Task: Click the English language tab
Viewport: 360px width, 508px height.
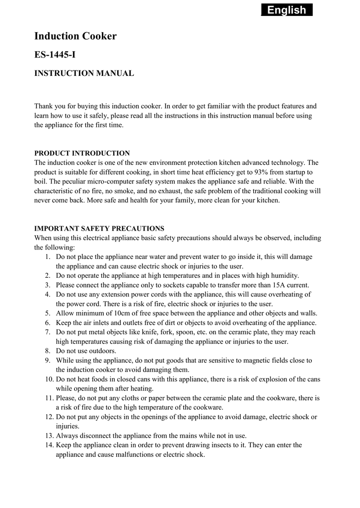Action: (x=287, y=10)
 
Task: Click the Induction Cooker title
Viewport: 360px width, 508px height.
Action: (x=75, y=36)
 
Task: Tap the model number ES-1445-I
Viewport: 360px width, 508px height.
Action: (x=55, y=55)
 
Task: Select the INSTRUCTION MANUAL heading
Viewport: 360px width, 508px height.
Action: (x=84, y=73)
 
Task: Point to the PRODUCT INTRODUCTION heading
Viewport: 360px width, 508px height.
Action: (x=82, y=153)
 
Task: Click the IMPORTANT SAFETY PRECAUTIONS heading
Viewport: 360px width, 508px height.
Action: (x=99, y=229)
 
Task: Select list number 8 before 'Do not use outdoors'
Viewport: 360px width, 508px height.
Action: (x=47, y=351)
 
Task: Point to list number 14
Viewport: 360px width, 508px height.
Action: (x=49, y=445)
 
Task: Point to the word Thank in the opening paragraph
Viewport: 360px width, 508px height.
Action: (x=44, y=106)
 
